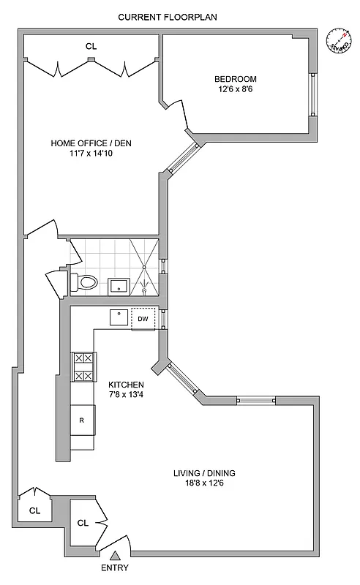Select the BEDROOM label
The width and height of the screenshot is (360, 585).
coord(236,79)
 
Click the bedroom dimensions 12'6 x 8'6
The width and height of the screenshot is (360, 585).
coord(236,89)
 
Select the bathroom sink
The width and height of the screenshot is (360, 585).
coord(119,284)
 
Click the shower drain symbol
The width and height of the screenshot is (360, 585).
coord(146,291)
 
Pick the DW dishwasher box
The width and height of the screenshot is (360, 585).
coord(143,318)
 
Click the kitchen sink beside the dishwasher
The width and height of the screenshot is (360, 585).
coord(119,317)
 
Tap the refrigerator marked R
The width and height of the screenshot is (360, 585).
coord(82,420)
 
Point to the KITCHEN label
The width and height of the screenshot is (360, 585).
coord(126,385)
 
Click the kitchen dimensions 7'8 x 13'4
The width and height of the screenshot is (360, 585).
coord(126,395)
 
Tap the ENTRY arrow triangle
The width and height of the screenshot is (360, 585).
coord(115,557)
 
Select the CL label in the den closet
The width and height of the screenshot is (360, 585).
coord(91,46)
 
